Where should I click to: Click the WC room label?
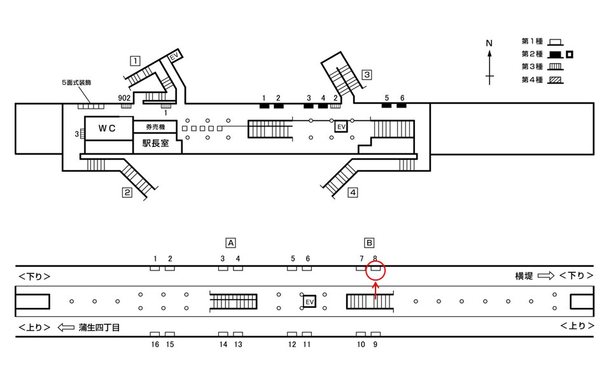click(106, 128)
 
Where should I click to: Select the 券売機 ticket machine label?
click(156, 127)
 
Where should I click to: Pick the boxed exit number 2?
click(127, 193)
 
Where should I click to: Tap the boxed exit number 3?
click(367, 74)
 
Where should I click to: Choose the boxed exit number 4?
click(353, 193)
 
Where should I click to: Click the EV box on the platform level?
click(310, 301)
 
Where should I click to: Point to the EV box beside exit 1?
click(172, 58)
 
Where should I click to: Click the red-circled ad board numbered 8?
click(376, 269)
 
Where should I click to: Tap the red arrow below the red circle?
click(376, 290)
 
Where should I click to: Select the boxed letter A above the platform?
click(231, 242)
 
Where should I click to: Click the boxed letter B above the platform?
click(369, 242)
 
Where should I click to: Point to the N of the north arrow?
click(489, 43)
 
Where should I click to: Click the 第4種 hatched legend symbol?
click(558, 80)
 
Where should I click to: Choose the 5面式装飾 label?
click(78, 83)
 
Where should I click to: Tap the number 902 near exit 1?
click(125, 97)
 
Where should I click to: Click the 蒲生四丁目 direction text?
click(99, 326)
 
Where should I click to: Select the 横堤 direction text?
click(524, 276)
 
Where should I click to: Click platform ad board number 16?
click(155, 334)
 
